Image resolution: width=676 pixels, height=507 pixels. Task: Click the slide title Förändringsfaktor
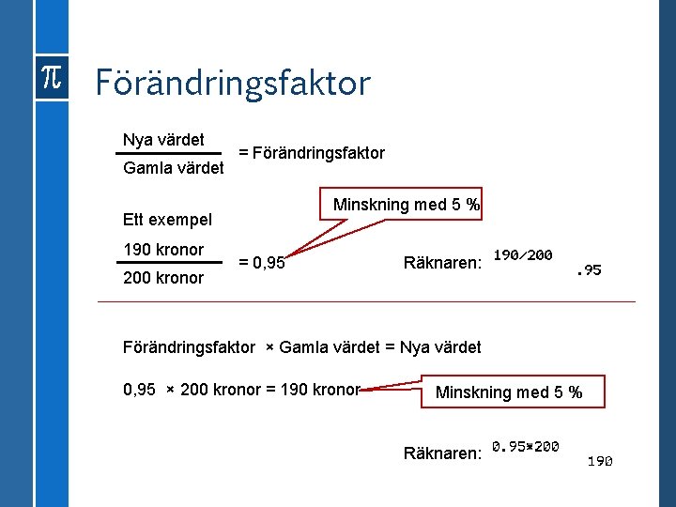(x=232, y=84)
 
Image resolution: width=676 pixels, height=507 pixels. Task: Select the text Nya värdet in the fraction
(x=163, y=140)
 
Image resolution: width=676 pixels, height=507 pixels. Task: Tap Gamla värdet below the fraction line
(x=174, y=168)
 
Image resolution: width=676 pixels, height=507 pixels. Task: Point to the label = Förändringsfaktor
(x=312, y=153)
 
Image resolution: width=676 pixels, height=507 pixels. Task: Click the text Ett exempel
(x=167, y=220)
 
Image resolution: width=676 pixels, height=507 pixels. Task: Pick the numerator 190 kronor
(x=163, y=250)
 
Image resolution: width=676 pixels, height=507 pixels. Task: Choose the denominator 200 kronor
(x=163, y=278)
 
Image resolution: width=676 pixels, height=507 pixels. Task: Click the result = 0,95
(x=262, y=263)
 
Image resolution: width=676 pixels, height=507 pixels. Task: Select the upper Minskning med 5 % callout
(x=407, y=205)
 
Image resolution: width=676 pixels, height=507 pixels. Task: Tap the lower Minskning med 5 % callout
(x=509, y=392)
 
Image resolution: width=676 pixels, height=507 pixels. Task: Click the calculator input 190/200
(x=522, y=255)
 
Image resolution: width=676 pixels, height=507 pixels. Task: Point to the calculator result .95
(x=589, y=270)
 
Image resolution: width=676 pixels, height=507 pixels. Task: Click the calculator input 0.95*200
(x=526, y=446)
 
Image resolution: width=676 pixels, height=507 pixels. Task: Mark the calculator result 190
(x=600, y=461)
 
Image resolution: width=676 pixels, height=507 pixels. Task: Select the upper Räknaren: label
(x=443, y=263)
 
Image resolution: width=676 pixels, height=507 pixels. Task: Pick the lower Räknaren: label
(x=443, y=453)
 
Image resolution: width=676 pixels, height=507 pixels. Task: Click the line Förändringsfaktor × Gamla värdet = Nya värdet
(x=301, y=347)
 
